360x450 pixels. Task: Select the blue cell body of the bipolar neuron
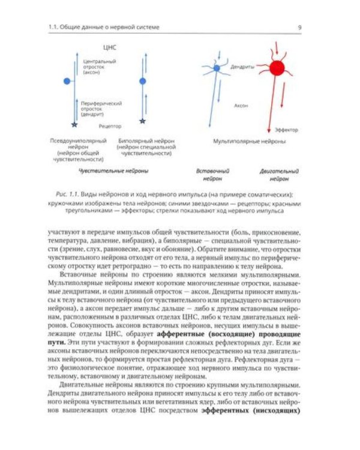point(142,80)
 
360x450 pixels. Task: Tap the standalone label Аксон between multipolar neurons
point(242,105)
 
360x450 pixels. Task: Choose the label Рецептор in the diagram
point(109,126)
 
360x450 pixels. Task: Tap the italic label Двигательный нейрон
point(280,175)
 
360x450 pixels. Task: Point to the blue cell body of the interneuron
point(217,69)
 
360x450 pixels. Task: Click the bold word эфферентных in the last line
point(225,411)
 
